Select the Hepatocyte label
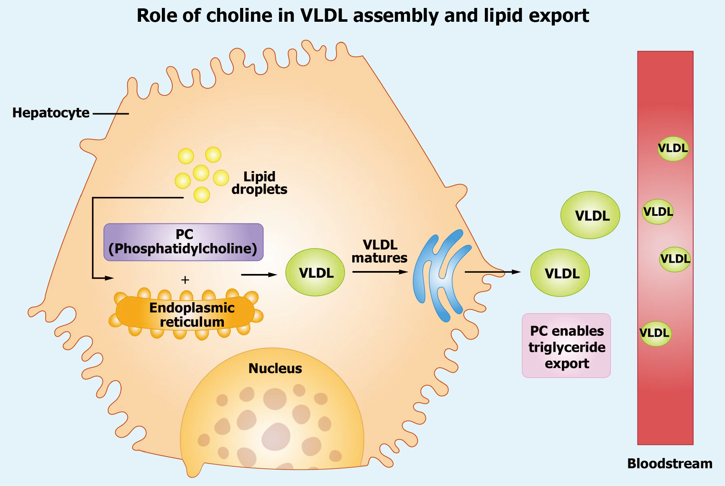[x=51, y=113]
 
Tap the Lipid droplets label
[x=259, y=183]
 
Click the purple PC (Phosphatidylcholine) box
[x=183, y=242]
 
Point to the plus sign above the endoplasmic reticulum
[x=185, y=280]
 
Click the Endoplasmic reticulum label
[x=192, y=315]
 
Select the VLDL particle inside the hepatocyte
[x=315, y=273]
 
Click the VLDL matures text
[x=379, y=251]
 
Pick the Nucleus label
[x=275, y=368]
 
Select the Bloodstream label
[x=669, y=463]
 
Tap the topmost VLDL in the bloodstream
[x=673, y=148]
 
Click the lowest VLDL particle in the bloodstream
[x=655, y=333]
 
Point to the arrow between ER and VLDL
[x=259, y=275]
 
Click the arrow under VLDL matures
[x=380, y=272]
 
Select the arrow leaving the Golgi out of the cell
[x=492, y=272]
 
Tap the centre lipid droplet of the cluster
[x=201, y=173]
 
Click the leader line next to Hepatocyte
[x=111, y=113]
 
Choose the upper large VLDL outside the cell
[x=590, y=215]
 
